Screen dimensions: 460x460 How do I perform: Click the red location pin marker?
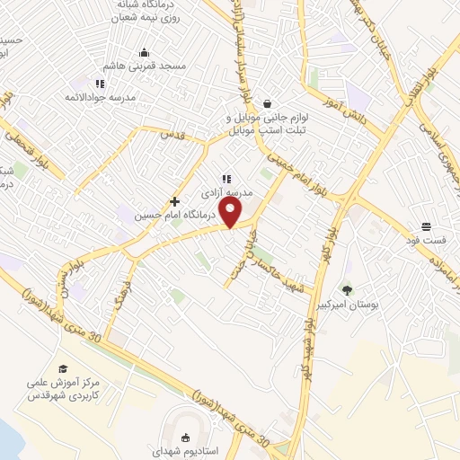point(231,213)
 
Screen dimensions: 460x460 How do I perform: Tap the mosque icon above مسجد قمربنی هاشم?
point(145,52)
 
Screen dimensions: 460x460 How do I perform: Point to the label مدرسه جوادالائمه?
point(101,96)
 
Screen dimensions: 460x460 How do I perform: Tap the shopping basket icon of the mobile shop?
point(267,104)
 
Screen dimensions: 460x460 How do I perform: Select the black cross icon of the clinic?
point(175,201)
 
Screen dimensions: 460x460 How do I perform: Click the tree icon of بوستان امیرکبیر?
point(347,289)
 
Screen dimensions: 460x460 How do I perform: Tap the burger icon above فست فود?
point(425,226)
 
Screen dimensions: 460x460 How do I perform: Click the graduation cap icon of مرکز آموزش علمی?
point(62,369)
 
